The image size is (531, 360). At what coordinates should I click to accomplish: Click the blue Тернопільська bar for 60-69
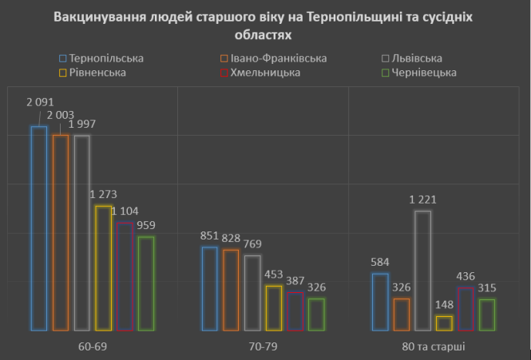39,228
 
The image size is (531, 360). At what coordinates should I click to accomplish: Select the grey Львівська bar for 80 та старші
423,271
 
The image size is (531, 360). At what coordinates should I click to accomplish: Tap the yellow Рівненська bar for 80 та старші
445,323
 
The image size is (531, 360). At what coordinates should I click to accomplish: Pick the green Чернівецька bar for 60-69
146,283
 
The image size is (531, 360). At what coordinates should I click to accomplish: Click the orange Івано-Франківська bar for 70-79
231,290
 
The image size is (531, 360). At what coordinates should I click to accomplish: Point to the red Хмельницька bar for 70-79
295,311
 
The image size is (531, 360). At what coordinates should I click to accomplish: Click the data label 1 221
423,199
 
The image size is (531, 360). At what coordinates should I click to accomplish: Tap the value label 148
445,304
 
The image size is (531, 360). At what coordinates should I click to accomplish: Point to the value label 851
209,236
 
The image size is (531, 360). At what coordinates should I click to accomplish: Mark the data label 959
145,225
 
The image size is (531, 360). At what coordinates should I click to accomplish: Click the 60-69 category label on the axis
93,346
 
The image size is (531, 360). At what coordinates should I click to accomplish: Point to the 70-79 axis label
263,346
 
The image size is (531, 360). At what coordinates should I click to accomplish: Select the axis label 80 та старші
434,346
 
